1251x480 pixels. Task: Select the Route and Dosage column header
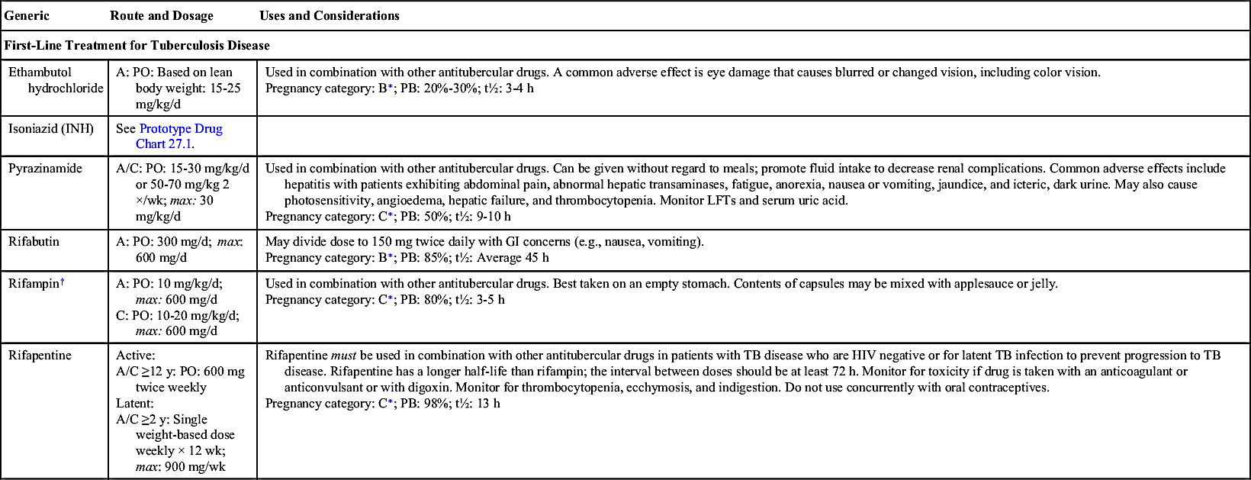pyautogui.click(x=162, y=15)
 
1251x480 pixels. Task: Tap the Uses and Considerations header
pyautogui.click(x=329, y=15)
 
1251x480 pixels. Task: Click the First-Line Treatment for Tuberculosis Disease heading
pyautogui.click(x=137, y=46)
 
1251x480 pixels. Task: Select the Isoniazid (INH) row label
pyautogui.click(x=51, y=128)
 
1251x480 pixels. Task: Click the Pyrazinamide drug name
pyautogui.click(x=45, y=168)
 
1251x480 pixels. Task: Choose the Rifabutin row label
pyautogui.click(x=34, y=241)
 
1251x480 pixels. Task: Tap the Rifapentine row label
pyautogui.click(x=40, y=355)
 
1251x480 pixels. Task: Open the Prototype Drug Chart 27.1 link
pyautogui.click(x=181, y=136)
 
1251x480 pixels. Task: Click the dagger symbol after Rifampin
pyautogui.click(x=63, y=282)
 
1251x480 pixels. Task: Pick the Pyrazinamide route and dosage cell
pyautogui.click(x=182, y=192)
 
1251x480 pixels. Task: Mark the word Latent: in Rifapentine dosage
pyautogui.click(x=135, y=403)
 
